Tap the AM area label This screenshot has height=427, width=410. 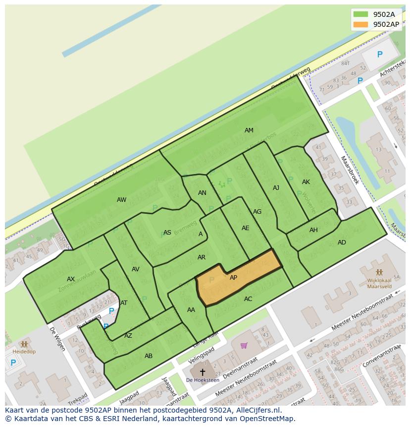(x=249, y=130)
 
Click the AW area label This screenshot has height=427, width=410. (x=121, y=200)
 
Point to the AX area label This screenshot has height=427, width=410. (x=71, y=279)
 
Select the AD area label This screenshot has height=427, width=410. (x=342, y=243)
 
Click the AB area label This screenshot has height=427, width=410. (x=149, y=356)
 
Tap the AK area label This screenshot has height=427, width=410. (x=306, y=182)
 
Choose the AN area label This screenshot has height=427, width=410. (x=202, y=193)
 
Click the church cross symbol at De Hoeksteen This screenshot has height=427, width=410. (x=202, y=371)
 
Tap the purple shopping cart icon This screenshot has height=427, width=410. (x=244, y=345)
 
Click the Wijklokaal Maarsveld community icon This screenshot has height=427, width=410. (x=379, y=273)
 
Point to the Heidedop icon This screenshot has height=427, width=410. (x=24, y=344)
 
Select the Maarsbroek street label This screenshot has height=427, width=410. (x=350, y=170)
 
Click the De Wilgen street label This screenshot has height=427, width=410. (x=57, y=339)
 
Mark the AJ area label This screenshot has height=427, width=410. (x=276, y=188)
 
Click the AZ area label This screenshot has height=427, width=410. (x=128, y=336)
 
